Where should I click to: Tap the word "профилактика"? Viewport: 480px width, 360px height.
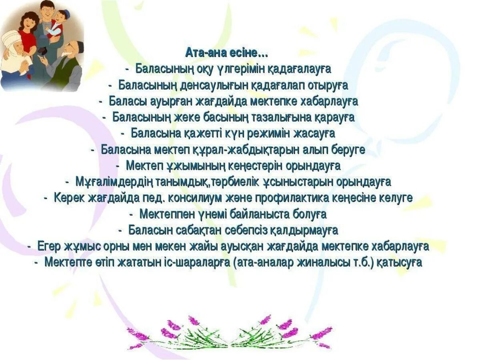[x=312, y=198]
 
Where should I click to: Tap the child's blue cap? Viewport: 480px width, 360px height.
[x=64, y=13]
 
